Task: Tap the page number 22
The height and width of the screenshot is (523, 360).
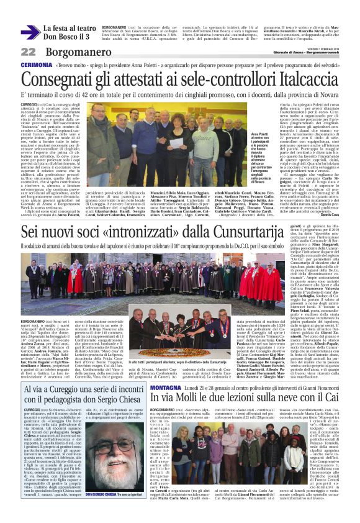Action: (29, 52)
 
